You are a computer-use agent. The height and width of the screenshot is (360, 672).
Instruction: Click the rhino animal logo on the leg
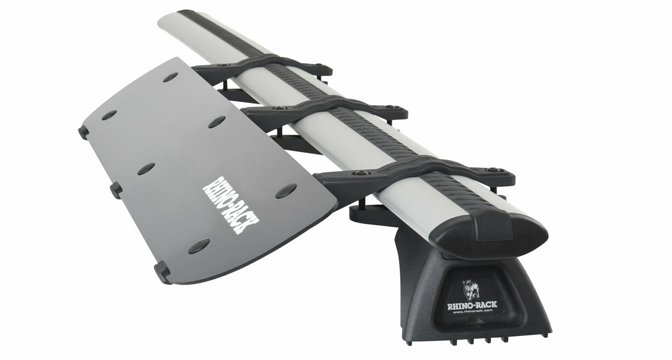[x=471, y=290]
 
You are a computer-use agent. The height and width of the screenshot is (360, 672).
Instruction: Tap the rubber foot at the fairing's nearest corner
[x=162, y=271]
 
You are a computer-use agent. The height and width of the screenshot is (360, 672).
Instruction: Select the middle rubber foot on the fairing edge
[x=116, y=190]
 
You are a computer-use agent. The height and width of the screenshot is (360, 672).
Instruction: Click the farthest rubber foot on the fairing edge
[x=84, y=132]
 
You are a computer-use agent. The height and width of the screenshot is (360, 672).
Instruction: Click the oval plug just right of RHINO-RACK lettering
[x=286, y=191]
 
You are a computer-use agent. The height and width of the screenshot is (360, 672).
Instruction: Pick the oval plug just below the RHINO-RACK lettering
[x=198, y=246]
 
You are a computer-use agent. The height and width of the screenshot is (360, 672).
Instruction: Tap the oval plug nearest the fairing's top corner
[x=170, y=77]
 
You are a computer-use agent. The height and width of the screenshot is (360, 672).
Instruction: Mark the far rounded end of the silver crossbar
[x=169, y=19]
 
